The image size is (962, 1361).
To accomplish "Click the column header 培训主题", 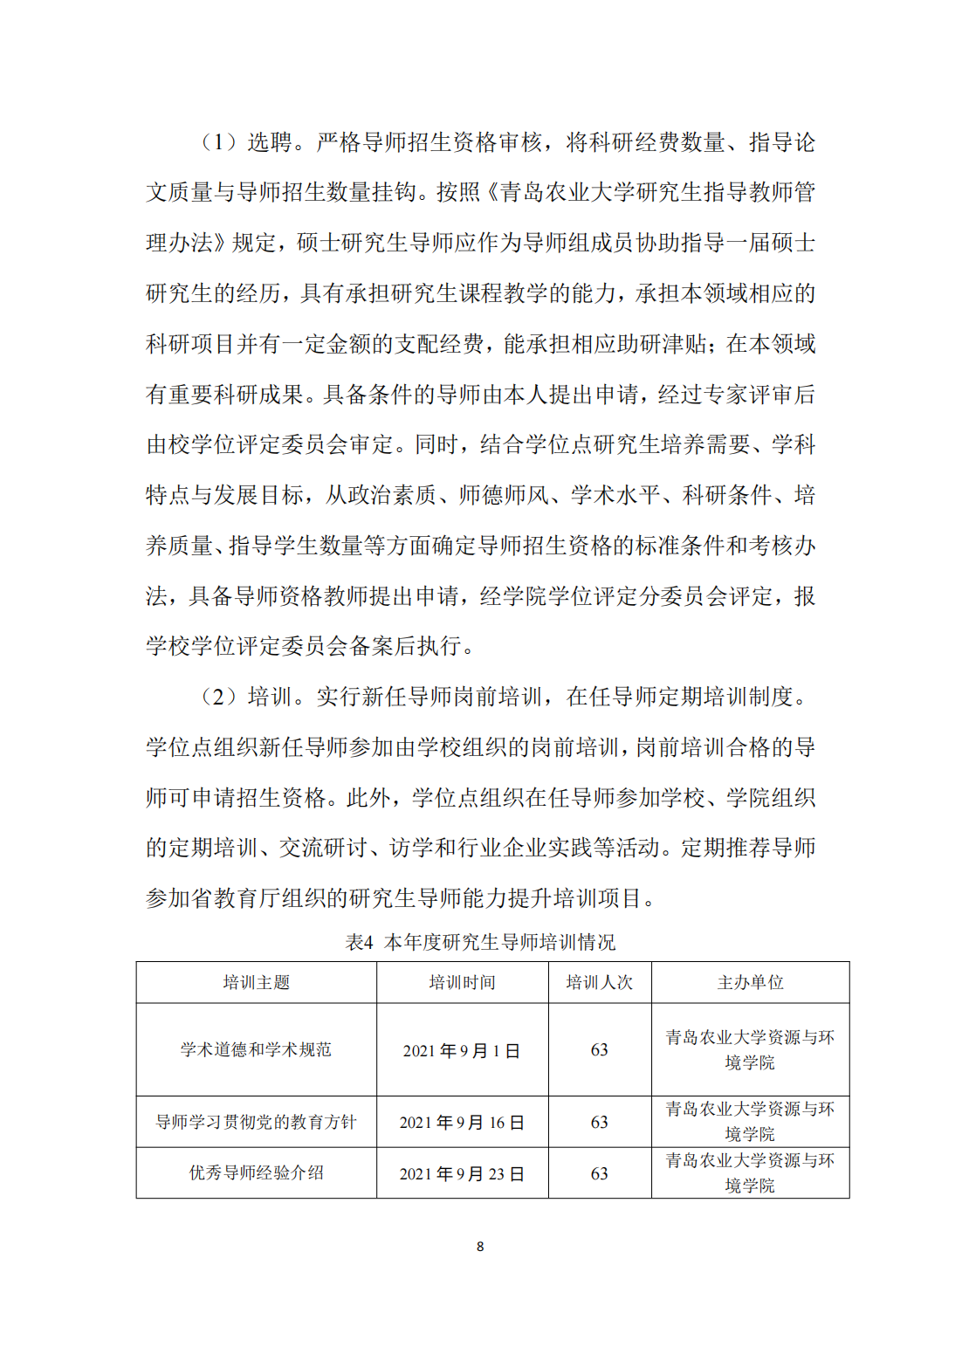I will [x=256, y=982].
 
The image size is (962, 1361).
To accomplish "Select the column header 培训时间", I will [x=462, y=982].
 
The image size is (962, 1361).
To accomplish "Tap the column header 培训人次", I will [x=599, y=982].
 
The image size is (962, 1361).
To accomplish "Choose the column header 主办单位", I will [x=750, y=982].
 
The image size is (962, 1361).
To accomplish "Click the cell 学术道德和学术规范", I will [x=256, y=1049].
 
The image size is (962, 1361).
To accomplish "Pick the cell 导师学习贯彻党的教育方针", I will [x=256, y=1122].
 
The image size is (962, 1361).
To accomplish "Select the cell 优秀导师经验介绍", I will [x=256, y=1172].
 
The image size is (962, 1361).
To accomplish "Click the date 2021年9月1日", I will [x=462, y=1050].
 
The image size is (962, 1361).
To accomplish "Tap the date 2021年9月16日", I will [x=462, y=1123].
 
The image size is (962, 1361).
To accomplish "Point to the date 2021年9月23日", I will [x=462, y=1173].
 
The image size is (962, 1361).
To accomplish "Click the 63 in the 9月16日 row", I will [x=599, y=1123].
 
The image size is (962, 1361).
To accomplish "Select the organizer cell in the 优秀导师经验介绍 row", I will [x=750, y=1172].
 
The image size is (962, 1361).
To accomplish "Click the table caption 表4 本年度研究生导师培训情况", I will [x=480, y=942].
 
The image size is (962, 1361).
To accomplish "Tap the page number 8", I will [x=480, y=1247].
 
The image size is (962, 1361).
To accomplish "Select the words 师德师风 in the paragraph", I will [x=504, y=495].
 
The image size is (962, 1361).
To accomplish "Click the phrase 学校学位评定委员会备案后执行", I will [x=310, y=646].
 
